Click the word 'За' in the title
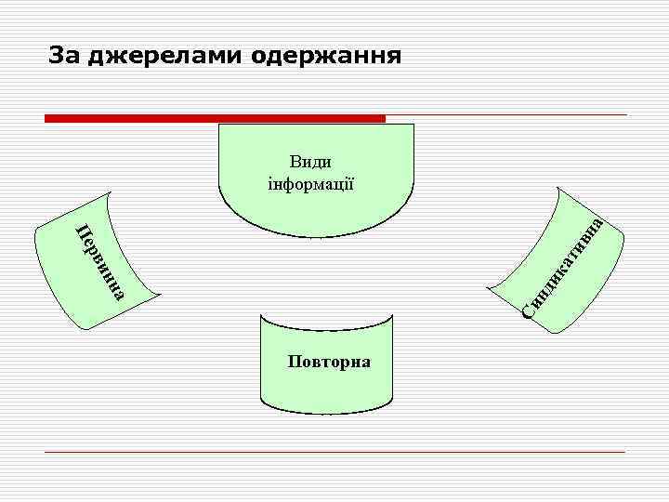coord(64,57)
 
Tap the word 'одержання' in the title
coord(324,57)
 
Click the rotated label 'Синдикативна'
coord(564,267)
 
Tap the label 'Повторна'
coord(329,361)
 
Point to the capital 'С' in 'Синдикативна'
coord(527,310)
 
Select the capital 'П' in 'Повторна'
coord(295,361)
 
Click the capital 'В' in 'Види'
coord(295,162)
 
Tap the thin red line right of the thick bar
coord(506,115)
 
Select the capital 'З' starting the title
coord(57,57)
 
